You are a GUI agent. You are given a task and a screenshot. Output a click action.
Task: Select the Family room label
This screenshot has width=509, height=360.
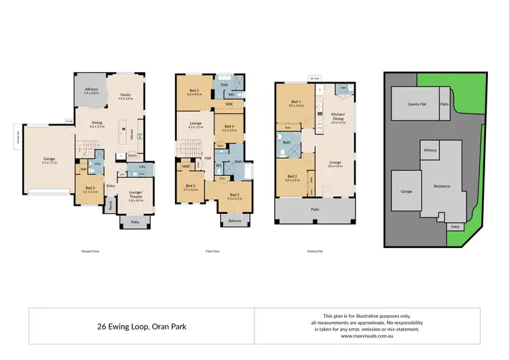126,96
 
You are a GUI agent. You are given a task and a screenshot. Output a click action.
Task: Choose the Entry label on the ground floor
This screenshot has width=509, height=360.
110,185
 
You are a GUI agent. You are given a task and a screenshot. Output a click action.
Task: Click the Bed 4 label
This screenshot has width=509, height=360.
229,126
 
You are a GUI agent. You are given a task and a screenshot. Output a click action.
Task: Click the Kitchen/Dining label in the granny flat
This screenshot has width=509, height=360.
338,115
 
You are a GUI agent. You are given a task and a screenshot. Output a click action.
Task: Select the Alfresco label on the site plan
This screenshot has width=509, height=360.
429,149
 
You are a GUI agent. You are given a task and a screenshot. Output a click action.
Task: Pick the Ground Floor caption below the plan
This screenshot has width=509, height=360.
90,251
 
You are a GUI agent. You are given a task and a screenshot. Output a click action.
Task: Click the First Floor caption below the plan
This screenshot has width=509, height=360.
212,251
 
